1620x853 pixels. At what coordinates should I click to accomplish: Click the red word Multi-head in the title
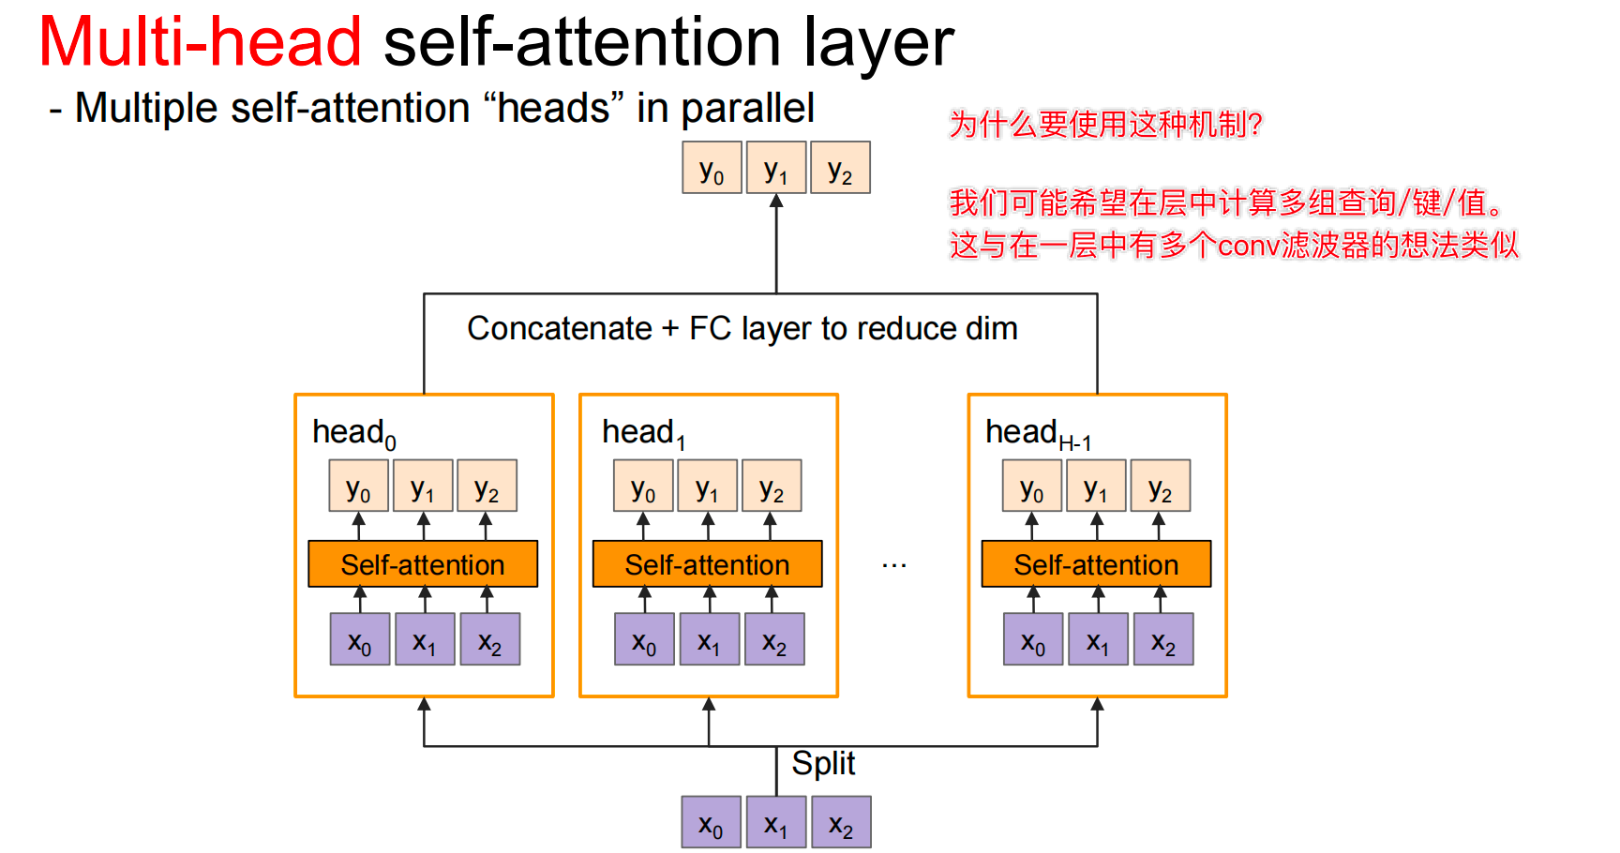(200, 42)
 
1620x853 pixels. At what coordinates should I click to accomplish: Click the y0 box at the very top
(712, 168)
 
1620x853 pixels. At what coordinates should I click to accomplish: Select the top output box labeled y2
(840, 168)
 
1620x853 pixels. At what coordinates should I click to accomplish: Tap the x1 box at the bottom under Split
(776, 822)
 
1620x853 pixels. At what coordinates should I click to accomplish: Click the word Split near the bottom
(823, 763)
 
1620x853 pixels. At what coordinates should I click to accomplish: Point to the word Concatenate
(560, 329)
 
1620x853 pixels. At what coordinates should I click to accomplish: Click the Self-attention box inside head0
(423, 564)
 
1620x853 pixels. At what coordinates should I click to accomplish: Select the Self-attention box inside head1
(707, 564)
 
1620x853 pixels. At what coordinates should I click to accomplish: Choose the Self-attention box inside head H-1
(1096, 564)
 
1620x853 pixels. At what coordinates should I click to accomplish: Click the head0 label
(353, 433)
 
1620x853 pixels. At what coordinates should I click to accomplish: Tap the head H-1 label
(1037, 433)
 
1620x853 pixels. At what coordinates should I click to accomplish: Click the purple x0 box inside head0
(360, 639)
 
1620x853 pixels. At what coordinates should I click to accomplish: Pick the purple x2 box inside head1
(774, 639)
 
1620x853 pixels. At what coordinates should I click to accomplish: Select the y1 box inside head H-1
(1096, 486)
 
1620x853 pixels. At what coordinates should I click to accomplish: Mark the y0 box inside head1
(643, 486)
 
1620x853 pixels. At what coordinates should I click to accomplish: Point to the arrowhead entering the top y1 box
(776, 201)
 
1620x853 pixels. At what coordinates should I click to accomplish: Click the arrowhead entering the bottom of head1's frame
(709, 704)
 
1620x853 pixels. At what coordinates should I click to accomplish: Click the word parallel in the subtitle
(747, 109)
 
